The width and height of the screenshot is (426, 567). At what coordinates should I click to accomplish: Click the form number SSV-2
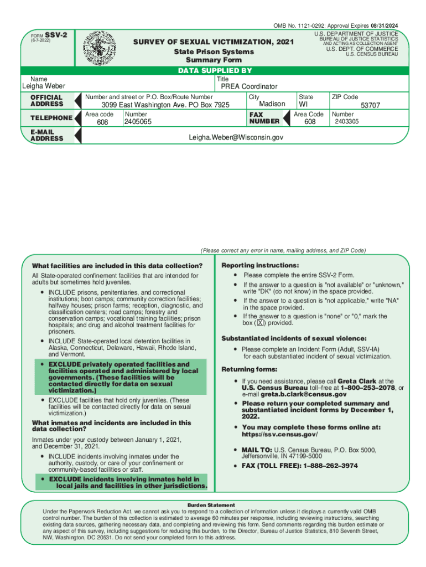point(56,34)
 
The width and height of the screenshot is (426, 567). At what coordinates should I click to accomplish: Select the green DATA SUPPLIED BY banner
point(215,70)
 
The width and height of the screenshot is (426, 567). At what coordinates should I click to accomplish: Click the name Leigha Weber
point(43,86)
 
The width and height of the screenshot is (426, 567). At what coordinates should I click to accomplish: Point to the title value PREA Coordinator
point(249,86)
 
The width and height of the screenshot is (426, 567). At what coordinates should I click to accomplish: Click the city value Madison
point(272,104)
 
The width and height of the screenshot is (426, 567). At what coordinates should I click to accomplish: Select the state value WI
point(304,104)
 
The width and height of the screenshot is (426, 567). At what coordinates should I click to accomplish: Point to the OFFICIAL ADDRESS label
point(47,100)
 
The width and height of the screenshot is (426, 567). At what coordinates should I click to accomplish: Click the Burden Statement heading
point(211,505)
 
